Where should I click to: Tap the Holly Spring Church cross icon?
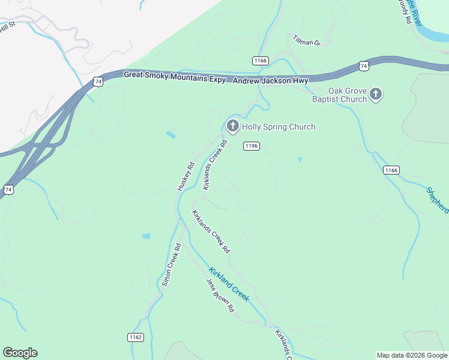point(232,126)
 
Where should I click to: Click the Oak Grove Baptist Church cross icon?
point(376,94)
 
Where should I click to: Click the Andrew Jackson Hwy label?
point(270,80)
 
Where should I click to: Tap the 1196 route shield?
point(252,146)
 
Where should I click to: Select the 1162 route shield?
point(136,337)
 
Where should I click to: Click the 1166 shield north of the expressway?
point(260,61)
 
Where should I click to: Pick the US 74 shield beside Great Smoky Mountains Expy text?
point(98,80)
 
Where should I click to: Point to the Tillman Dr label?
point(307,41)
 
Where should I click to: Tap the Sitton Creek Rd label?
point(170,265)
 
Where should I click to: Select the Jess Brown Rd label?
point(219,296)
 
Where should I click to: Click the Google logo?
point(20,353)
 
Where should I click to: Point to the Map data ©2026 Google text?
point(412,355)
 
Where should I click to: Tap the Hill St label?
point(7,28)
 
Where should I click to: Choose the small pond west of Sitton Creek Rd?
point(146,236)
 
